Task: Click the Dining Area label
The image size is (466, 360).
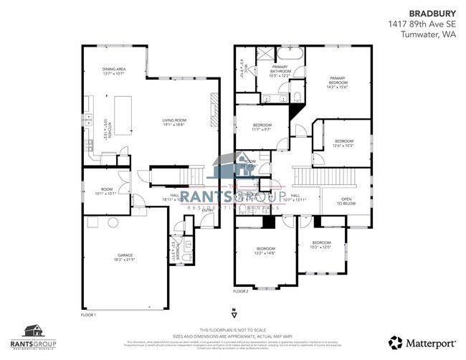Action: click(x=114, y=71)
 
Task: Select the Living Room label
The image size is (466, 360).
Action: click(x=173, y=122)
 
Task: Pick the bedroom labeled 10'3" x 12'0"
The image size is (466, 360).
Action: click(x=320, y=245)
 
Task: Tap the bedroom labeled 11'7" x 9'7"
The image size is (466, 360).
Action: click(x=261, y=128)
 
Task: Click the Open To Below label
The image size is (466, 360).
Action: click(x=346, y=202)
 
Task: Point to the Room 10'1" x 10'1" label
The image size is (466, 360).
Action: click(x=104, y=192)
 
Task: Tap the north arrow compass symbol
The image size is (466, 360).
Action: click(x=233, y=312)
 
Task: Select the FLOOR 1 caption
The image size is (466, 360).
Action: click(x=88, y=315)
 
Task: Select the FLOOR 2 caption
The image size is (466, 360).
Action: click(x=241, y=291)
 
